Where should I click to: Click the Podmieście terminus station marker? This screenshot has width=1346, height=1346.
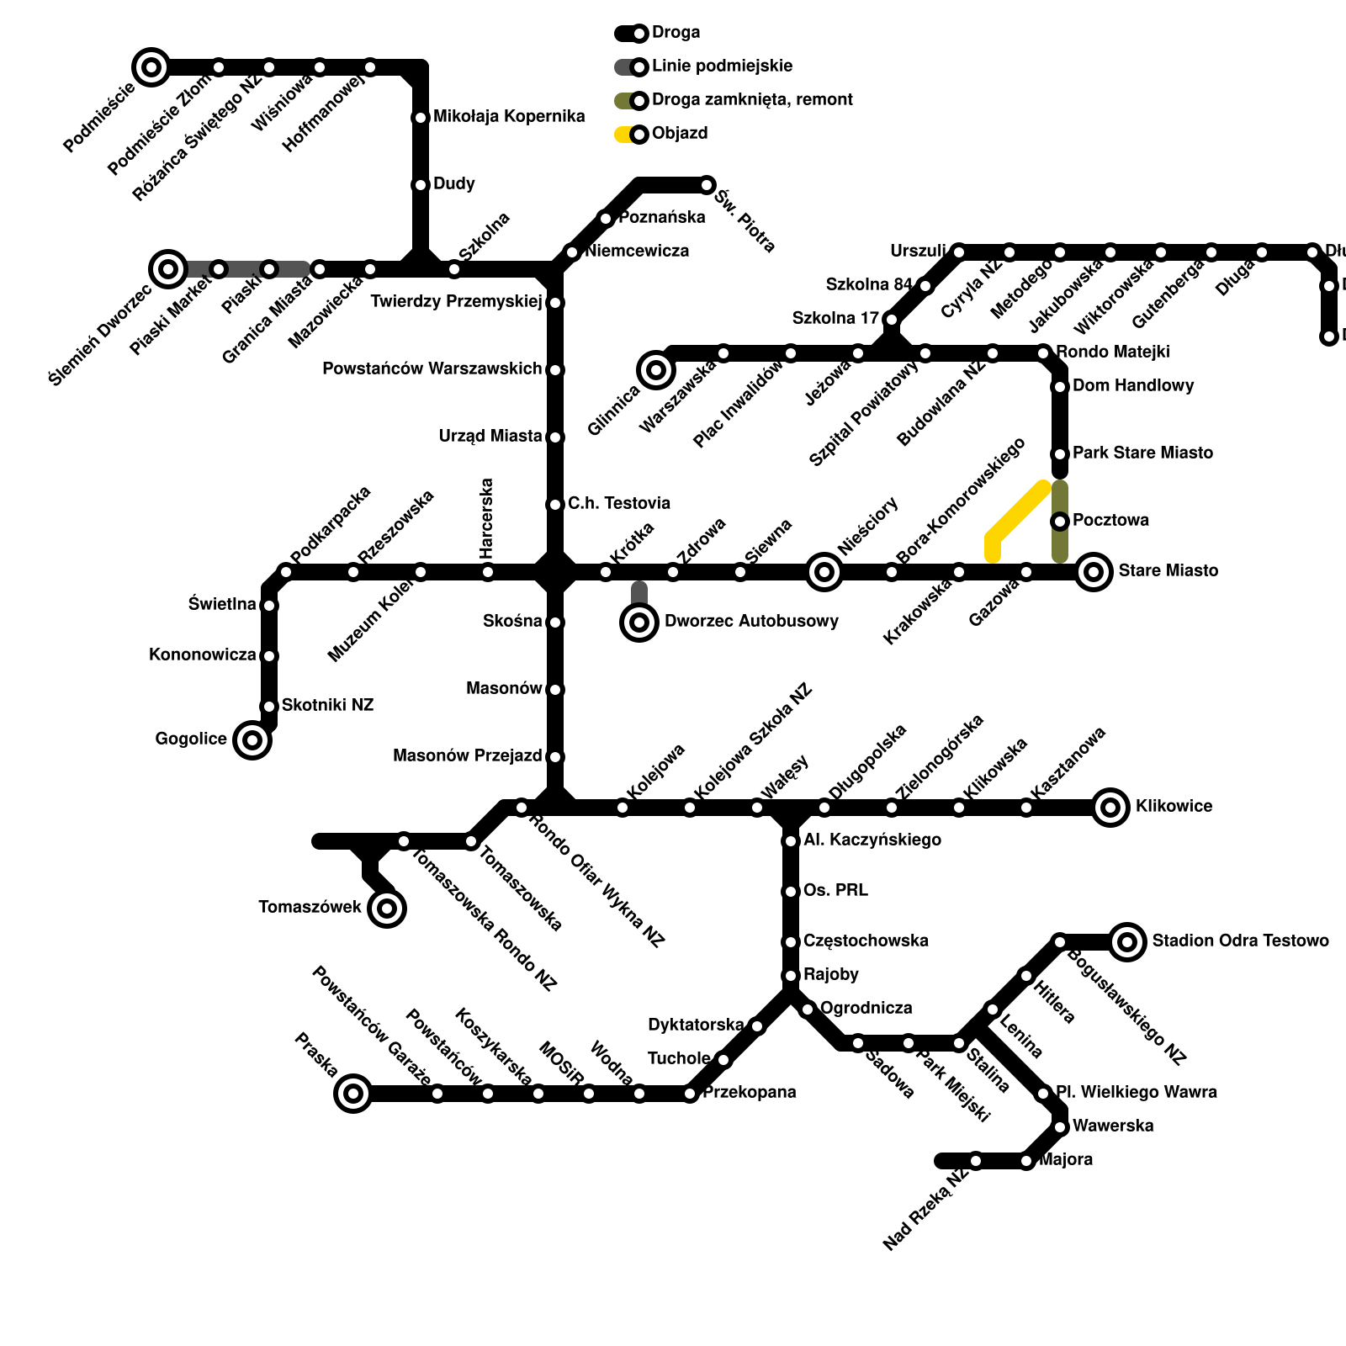151,67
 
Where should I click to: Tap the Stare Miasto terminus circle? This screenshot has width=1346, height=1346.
1094,572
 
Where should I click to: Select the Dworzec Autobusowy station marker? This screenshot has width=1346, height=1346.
639,623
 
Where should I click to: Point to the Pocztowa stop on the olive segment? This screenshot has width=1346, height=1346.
1060,522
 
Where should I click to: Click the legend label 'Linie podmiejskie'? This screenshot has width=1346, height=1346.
722,66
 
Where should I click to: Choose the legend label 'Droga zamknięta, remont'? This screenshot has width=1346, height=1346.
752,100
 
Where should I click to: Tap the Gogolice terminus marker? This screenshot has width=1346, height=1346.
252,740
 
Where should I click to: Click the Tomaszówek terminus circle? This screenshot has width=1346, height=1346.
387,909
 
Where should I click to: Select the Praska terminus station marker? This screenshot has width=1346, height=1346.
353,1094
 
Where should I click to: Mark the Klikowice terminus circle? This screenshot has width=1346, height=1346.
1110,808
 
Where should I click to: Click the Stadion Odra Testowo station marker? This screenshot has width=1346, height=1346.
1127,942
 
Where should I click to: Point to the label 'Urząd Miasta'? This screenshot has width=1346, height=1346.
490,437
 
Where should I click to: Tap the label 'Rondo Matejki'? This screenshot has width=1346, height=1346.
1112,352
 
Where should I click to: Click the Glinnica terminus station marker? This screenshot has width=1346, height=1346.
656,370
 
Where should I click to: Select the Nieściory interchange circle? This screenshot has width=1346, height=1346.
824,572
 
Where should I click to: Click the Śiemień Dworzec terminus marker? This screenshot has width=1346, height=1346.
168,269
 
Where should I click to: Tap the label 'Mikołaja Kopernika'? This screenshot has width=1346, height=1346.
509,117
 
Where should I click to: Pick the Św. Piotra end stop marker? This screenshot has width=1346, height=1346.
707,185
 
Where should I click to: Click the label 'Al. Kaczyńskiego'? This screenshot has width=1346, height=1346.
872,840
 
